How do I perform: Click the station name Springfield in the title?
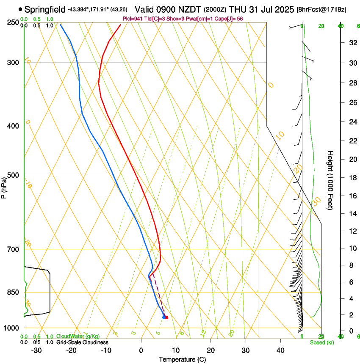click(x=45, y=9)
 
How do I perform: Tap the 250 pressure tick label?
click(x=13, y=22)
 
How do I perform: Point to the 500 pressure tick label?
click(x=13, y=175)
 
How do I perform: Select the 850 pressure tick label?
click(x=13, y=292)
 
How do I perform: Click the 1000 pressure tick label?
click(x=11, y=328)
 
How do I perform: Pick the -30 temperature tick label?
click(x=37, y=350)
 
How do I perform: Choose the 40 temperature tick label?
click(x=280, y=350)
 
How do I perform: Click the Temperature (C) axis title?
click(x=182, y=359)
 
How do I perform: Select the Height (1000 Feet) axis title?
click(x=330, y=180)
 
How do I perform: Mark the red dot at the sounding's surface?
click(x=166, y=317)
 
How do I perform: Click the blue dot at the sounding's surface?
click(x=164, y=317)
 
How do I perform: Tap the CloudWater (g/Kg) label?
click(x=78, y=336)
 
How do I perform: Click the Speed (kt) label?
click(x=321, y=342)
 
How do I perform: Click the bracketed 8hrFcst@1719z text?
click(x=321, y=9)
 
